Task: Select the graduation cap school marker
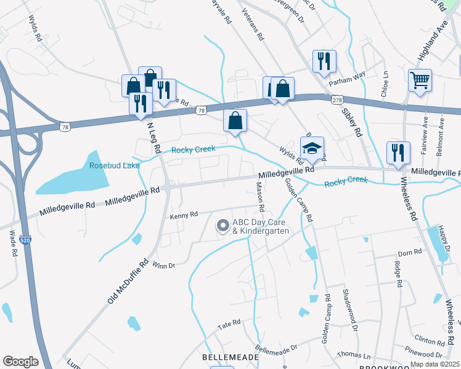point(312,148)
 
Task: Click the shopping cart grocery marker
point(420,79)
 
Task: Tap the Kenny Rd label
point(184,215)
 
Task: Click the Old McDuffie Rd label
point(128,280)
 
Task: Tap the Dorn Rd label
point(409,252)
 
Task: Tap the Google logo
point(21,361)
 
